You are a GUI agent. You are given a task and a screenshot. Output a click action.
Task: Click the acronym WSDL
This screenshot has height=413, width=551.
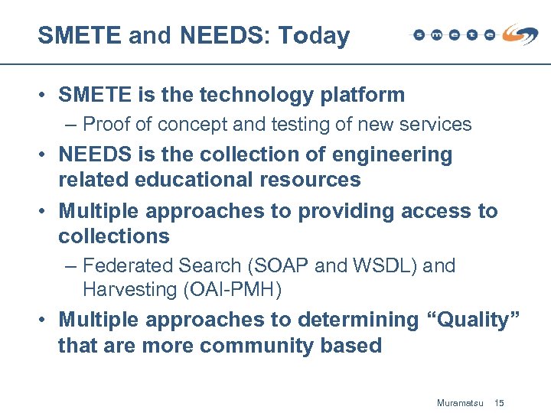(x=384, y=266)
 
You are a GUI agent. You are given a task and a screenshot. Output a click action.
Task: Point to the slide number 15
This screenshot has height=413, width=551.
(x=500, y=402)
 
